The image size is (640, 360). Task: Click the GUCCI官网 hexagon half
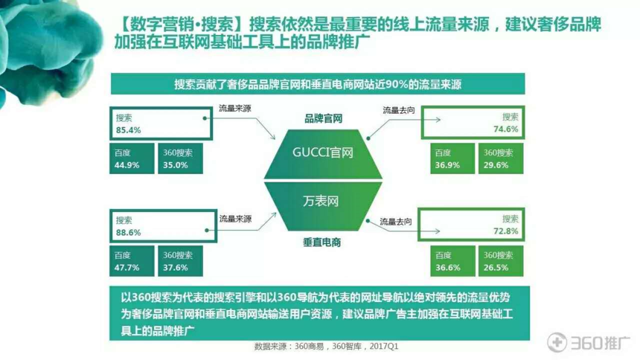(x=323, y=154)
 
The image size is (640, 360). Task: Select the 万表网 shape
(x=323, y=206)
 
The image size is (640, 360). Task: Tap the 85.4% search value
(x=128, y=130)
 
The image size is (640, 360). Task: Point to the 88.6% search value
(x=128, y=233)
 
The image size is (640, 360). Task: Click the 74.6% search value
(x=506, y=129)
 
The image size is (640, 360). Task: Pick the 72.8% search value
(x=506, y=231)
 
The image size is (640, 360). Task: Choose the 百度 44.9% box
(x=132, y=158)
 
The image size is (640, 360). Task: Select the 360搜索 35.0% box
(x=180, y=158)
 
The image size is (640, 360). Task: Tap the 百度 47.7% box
(x=132, y=261)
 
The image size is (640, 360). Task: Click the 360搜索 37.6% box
(x=180, y=261)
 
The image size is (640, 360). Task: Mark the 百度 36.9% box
(x=452, y=158)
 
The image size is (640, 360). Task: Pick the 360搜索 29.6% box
(x=501, y=158)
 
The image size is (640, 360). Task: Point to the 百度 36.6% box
(x=452, y=261)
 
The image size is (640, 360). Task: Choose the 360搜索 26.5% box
(x=501, y=261)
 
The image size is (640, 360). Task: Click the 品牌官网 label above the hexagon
(x=323, y=119)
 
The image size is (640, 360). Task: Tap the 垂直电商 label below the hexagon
(x=322, y=242)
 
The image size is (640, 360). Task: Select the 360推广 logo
(x=588, y=342)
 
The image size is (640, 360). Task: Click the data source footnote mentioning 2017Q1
(x=326, y=347)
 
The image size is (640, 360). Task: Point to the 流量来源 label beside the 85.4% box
(x=235, y=108)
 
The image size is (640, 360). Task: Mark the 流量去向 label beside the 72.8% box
(x=396, y=222)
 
